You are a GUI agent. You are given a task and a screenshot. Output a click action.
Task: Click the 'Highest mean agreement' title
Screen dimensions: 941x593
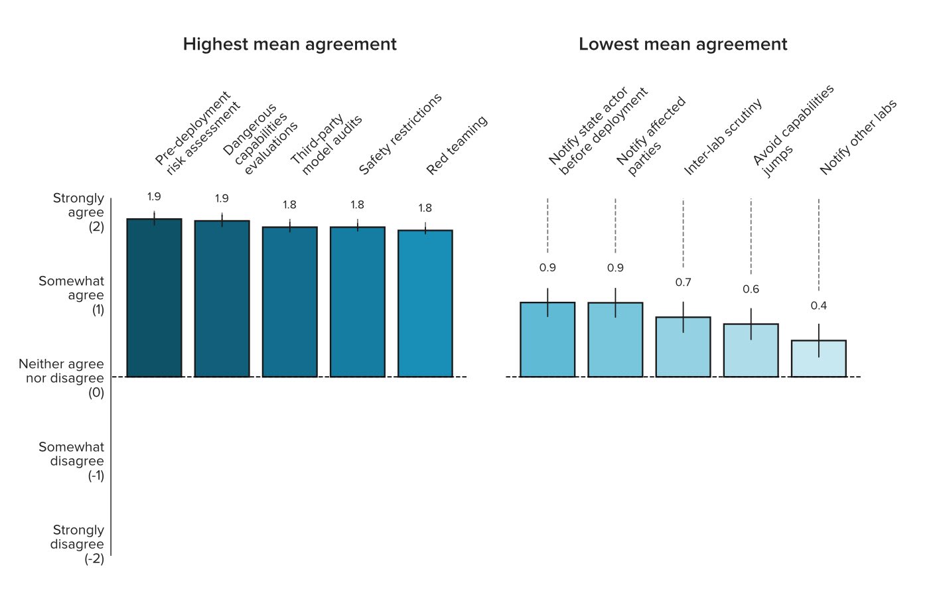coord(289,44)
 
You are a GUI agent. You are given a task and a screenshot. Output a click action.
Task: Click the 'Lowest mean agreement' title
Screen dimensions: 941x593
coord(683,44)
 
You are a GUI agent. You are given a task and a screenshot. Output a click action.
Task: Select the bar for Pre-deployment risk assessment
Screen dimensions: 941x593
coord(154,298)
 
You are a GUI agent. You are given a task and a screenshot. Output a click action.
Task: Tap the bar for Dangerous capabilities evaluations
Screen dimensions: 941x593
coord(222,298)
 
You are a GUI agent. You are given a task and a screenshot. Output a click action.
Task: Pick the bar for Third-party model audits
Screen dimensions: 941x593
coord(290,302)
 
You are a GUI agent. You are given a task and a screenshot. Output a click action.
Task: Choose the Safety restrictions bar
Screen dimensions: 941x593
coord(358,302)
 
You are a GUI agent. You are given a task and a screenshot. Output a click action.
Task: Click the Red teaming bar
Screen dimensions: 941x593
coord(425,304)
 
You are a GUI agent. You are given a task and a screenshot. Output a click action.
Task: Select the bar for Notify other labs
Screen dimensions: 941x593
coord(819,359)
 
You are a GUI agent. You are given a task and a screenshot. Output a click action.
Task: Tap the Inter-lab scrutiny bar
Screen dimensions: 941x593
coord(683,347)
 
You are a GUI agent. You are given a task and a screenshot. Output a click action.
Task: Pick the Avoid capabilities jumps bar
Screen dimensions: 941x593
coord(751,350)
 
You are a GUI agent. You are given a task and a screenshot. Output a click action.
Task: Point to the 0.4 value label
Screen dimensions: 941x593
coord(819,306)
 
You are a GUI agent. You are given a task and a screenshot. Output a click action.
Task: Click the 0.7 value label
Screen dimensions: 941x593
coord(683,282)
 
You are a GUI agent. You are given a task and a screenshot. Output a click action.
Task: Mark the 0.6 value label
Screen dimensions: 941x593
coord(751,289)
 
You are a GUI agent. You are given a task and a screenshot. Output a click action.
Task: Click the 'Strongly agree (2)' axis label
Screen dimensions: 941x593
coord(78,212)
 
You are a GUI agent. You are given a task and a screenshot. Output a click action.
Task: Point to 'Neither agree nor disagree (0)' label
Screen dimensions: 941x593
coord(61,378)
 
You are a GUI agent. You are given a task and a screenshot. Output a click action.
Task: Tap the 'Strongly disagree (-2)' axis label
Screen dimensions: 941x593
coord(77,544)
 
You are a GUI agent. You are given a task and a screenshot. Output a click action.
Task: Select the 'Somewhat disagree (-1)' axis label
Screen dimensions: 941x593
coord(72,461)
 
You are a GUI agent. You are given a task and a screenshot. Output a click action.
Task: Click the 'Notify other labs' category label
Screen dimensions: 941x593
coord(858,137)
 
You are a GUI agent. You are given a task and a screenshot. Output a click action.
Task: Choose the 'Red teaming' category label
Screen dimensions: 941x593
coord(457,145)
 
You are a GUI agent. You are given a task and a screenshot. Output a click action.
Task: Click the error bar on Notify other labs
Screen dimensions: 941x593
coord(819,340)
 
